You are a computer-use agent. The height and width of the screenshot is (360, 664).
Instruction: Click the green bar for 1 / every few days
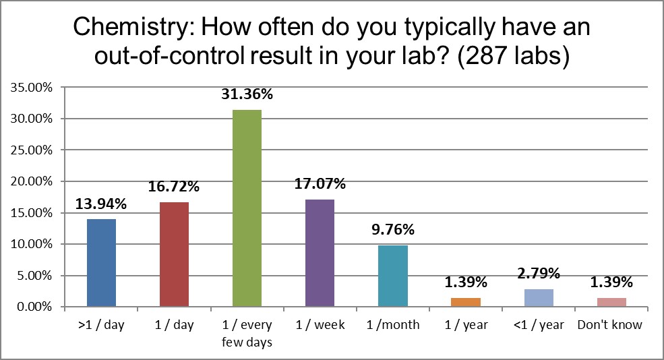pos(247,208)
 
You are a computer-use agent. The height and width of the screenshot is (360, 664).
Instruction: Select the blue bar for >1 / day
pos(101,263)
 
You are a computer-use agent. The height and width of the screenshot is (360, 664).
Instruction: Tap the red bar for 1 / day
pos(174,254)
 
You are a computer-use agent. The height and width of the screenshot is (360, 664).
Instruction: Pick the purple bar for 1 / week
pos(320,253)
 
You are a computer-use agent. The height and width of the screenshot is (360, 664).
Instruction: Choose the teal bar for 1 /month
pos(392,276)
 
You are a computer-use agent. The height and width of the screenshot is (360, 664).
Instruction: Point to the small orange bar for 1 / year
pos(465,302)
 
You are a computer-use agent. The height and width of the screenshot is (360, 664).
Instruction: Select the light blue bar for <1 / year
pos(538,298)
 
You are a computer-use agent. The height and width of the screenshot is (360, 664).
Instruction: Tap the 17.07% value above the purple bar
pos(320,184)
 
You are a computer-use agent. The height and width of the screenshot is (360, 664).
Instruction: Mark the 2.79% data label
pos(538,274)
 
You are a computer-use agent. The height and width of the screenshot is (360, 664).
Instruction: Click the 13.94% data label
pos(101,204)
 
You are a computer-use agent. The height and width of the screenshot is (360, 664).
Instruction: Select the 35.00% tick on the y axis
pos(30,87)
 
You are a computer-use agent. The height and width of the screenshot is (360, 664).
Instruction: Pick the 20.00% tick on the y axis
pos(30,181)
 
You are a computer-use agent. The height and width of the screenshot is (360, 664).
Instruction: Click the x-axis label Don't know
pos(610,325)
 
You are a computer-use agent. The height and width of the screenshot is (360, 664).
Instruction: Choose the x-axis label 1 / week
pos(320,325)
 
